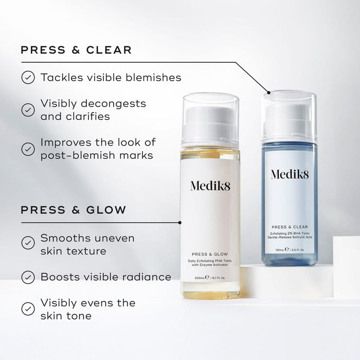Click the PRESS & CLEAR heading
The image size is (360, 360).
76,50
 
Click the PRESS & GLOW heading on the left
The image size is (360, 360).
73,210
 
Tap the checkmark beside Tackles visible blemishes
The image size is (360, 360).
27,78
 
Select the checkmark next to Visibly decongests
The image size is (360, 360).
27,110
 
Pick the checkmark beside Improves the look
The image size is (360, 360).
27,149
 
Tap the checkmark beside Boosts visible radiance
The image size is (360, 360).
27,277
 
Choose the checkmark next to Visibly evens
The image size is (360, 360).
27,309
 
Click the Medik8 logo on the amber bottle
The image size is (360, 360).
210,186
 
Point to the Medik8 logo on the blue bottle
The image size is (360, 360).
290,174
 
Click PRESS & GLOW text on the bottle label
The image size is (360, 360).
210,254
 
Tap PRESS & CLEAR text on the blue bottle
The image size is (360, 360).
290,226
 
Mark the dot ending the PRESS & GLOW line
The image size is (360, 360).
179,223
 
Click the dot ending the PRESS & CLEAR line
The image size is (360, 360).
267,93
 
